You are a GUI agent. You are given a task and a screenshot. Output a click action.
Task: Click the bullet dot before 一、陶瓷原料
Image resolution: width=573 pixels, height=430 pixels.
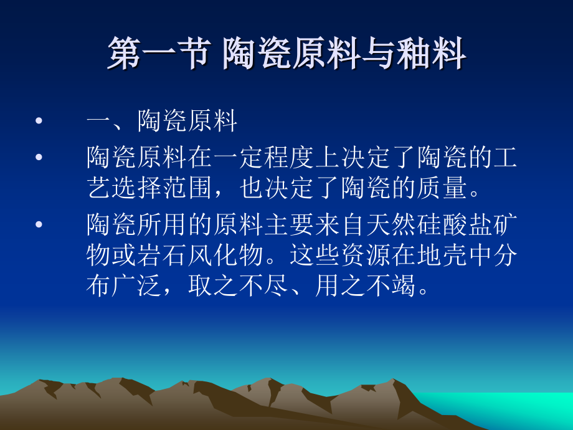click(40, 122)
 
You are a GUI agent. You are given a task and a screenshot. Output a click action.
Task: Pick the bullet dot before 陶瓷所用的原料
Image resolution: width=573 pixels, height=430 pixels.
click(40, 224)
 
